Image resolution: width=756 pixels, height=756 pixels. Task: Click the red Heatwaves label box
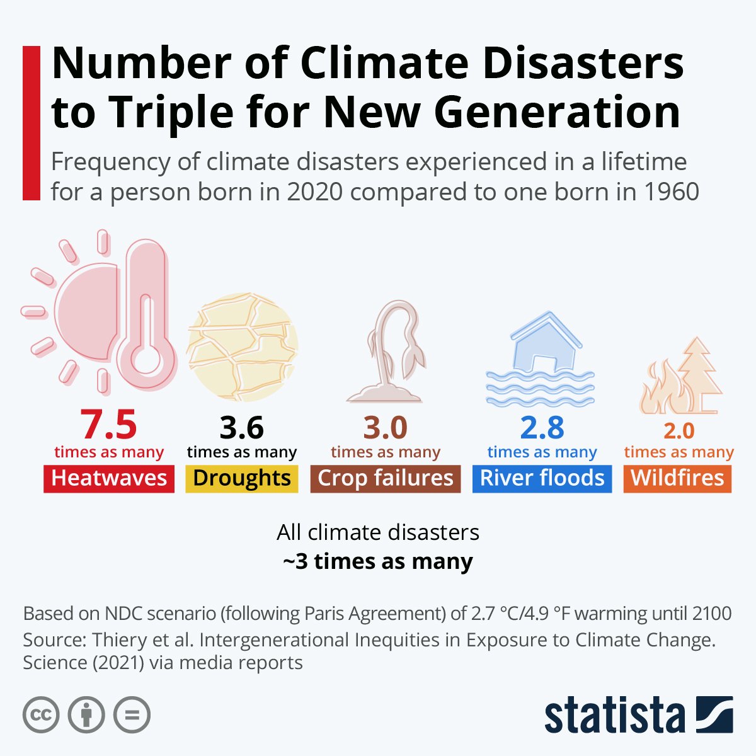(x=109, y=478)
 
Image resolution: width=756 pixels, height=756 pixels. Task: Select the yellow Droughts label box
(x=242, y=478)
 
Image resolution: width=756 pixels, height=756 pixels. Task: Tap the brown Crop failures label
(x=386, y=478)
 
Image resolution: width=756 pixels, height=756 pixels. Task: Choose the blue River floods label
(x=542, y=478)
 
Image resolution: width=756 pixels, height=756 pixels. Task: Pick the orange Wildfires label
(x=677, y=478)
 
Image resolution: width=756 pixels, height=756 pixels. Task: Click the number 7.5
(x=108, y=425)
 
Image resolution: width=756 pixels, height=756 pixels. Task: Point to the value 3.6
(x=242, y=428)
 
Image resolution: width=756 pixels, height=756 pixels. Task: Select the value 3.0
(x=386, y=428)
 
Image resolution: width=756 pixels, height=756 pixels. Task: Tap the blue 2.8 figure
(x=542, y=428)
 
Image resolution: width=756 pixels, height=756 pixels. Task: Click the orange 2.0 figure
(x=679, y=431)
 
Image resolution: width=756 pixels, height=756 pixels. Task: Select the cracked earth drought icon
(x=243, y=347)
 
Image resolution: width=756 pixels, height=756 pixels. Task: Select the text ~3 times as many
(x=378, y=561)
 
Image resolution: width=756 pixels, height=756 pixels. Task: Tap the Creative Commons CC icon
(x=41, y=715)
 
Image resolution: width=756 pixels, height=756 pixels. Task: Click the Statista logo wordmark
(x=614, y=715)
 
